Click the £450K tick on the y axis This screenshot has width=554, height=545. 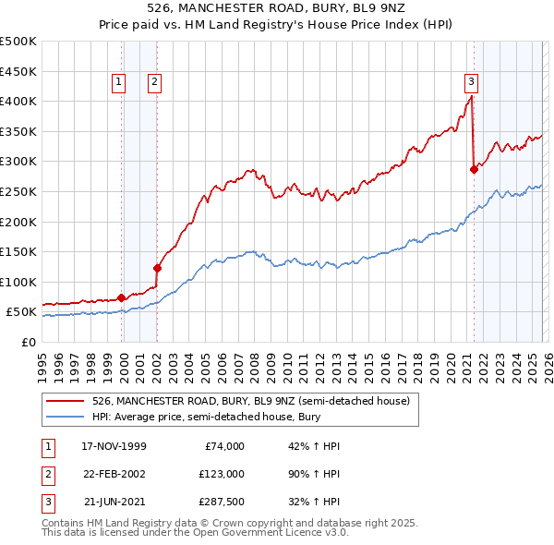point(18,71)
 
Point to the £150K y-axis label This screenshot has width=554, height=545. point(18,251)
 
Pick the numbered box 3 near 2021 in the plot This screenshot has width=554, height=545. point(471,80)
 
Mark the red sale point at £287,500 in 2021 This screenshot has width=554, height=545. point(474,169)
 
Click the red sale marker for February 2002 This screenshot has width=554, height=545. point(157,268)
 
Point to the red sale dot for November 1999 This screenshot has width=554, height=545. point(122,297)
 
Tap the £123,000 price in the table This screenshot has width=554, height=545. point(221,473)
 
